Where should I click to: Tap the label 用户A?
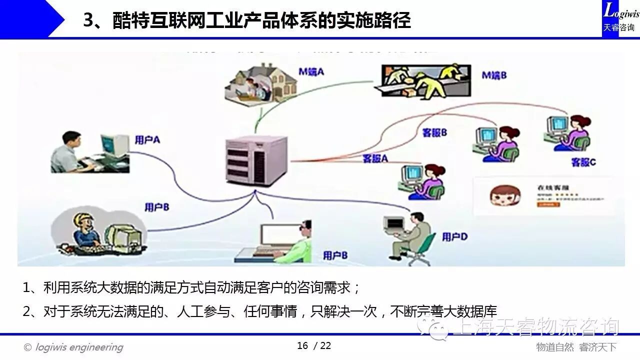tap(147, 140)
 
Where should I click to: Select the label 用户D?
tap(454, 236)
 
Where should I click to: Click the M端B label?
tap(494, 75)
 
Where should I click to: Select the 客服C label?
tap(583, 162)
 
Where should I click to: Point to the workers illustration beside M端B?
tap(423, 80)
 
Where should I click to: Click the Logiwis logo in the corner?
tap(620, 18)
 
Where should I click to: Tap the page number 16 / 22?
tap(314, 345)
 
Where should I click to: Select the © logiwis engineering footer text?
tap(73, 347)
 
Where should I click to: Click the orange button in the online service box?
tap(541, 204)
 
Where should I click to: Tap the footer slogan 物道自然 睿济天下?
tap(576, 347)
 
